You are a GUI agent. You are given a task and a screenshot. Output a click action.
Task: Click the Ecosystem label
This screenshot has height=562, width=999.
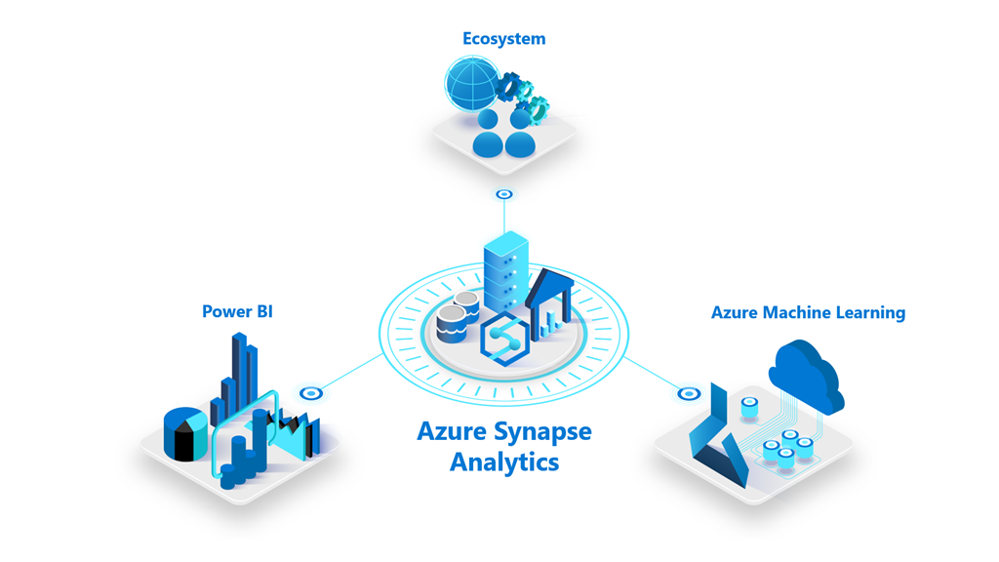[503, 39]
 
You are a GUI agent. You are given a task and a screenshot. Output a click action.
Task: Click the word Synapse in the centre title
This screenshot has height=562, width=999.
[543, 431]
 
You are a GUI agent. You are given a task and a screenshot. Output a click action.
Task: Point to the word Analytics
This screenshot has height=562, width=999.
[503, 462]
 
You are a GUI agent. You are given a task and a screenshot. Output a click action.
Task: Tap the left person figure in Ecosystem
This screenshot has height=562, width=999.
[488, 135]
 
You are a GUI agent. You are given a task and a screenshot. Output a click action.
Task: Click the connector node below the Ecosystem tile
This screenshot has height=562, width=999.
[503, 195]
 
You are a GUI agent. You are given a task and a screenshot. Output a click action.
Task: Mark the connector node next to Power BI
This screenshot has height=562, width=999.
[311, 393]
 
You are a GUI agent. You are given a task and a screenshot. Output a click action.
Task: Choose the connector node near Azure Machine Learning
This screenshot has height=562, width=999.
[689, 394]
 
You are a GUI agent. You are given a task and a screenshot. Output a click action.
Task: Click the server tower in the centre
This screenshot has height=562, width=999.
[505, 270]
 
